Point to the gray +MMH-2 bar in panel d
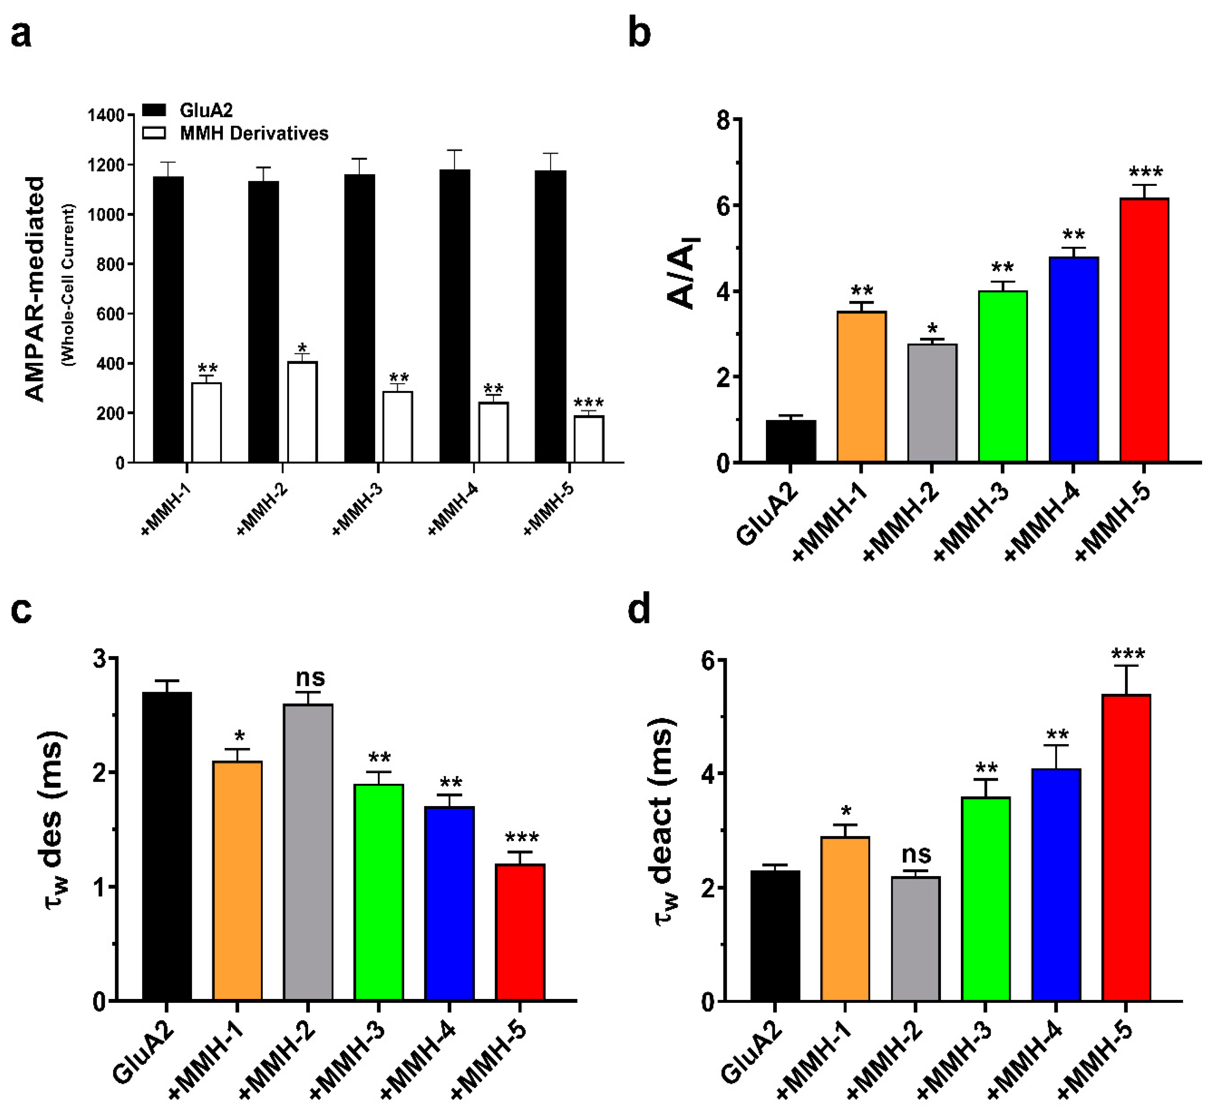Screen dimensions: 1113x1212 [915, 939]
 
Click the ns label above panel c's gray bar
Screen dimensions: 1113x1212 [310, 678]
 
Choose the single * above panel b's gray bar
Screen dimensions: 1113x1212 [932, 329]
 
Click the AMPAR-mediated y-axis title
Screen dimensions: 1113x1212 [35, 289]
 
